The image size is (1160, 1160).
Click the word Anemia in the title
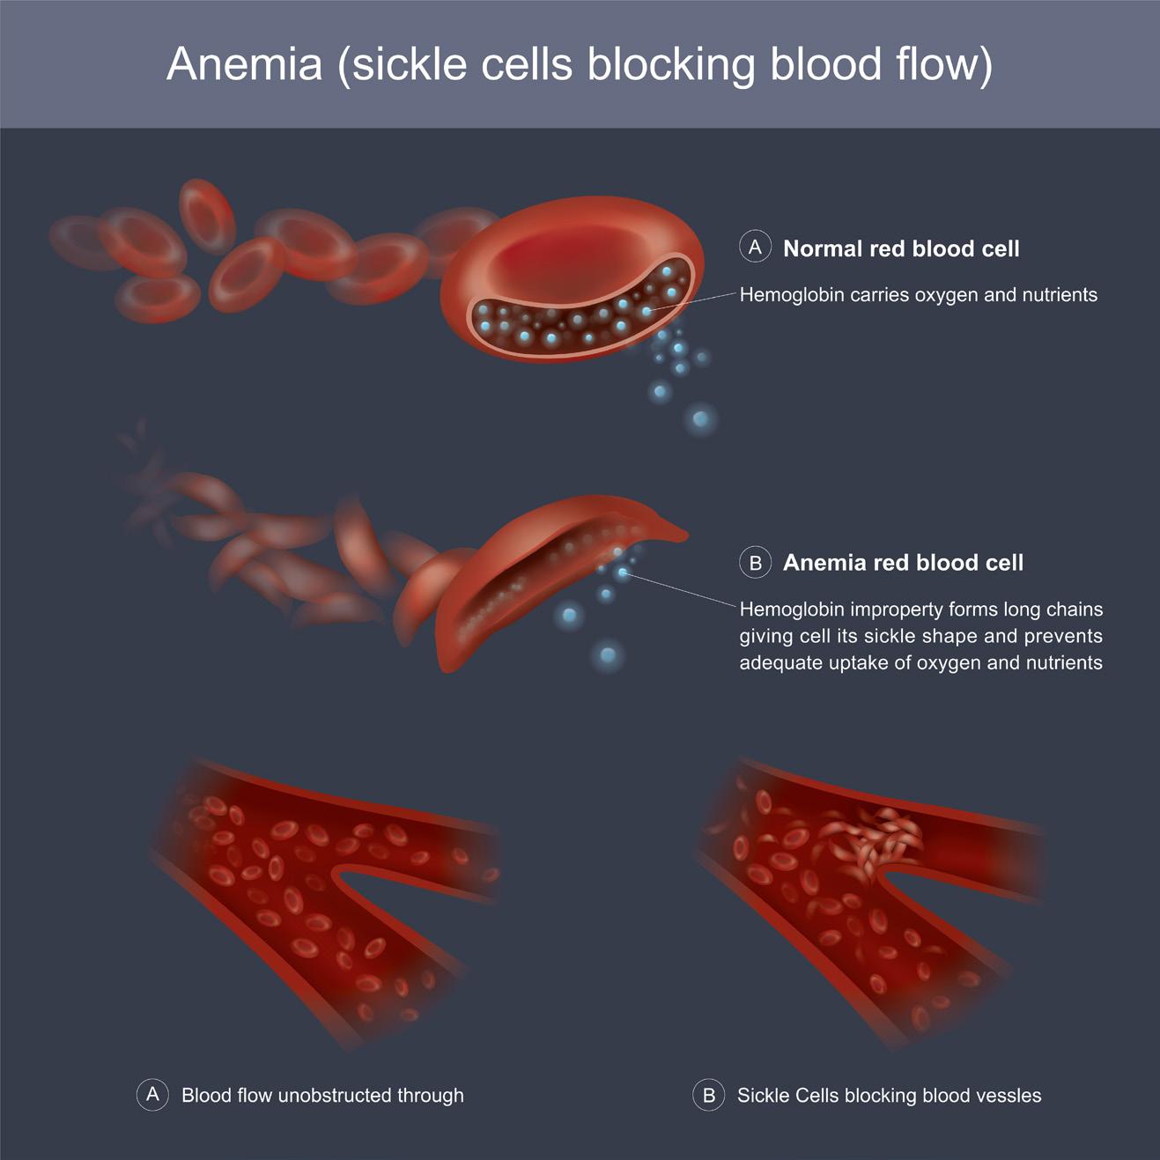tap(245, 64)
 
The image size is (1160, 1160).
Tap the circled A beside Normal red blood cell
tap(755, 248)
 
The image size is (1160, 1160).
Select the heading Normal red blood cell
tap(901, 249)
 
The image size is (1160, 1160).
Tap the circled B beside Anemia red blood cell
tap(755, 562)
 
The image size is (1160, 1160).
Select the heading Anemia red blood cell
tap(903, 563)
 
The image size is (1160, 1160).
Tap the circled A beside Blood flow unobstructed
tap(152, 1095)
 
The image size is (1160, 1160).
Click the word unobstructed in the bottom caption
tap(333, 1096)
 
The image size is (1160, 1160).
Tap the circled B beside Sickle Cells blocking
tap(708, 1095)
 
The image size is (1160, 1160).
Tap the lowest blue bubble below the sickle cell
tap(607, 655)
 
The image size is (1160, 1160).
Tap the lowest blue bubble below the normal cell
tap(700, 419)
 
